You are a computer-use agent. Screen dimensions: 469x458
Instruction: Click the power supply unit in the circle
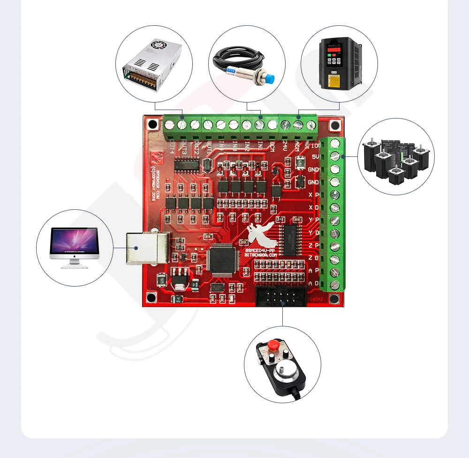(151, 65)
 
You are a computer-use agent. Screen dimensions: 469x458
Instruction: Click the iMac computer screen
(75, 242)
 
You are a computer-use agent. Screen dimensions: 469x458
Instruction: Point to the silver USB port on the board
(147, 247)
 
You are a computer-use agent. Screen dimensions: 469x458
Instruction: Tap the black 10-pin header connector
(280, 297)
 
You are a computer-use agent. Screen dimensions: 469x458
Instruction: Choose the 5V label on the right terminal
(316, 157)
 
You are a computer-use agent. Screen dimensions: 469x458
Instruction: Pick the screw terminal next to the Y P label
(334, 220)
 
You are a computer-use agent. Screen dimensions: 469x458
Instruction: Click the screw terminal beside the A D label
(334, 284)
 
